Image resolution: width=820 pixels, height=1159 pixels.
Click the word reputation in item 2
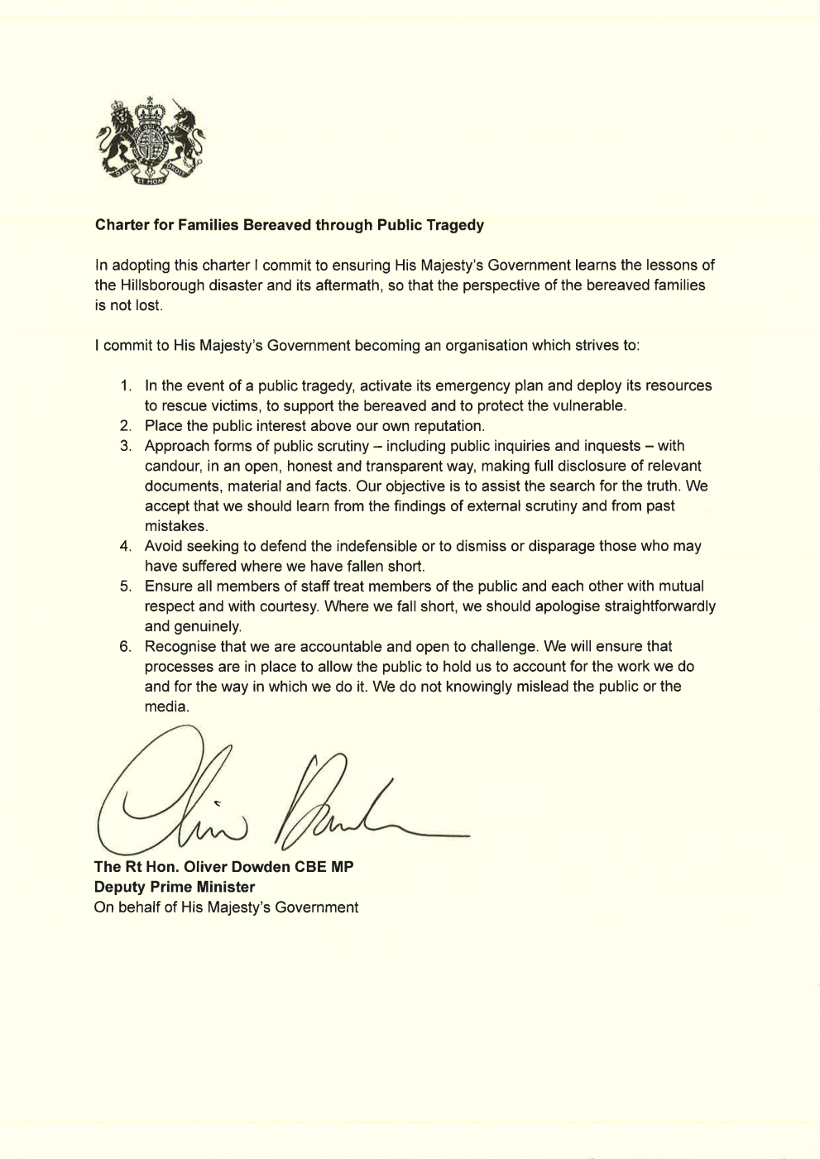coord(448,426)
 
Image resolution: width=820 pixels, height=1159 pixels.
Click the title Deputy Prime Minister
coord(175,887)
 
